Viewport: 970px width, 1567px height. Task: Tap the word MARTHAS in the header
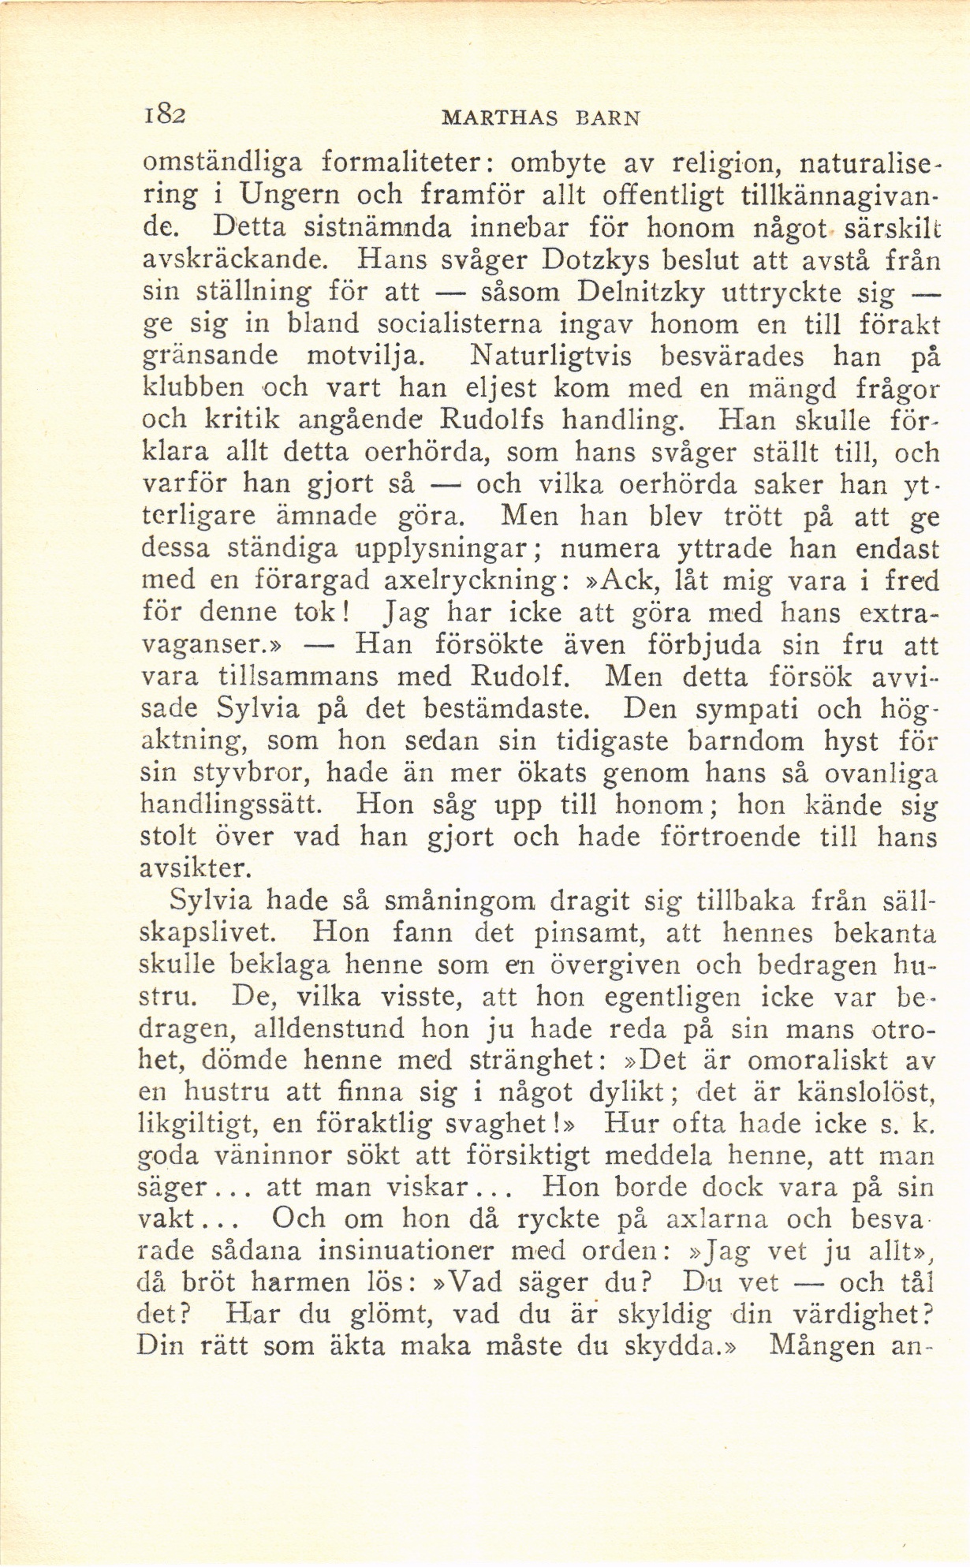(500, 118)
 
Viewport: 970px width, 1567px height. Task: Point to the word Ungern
(290, 196)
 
